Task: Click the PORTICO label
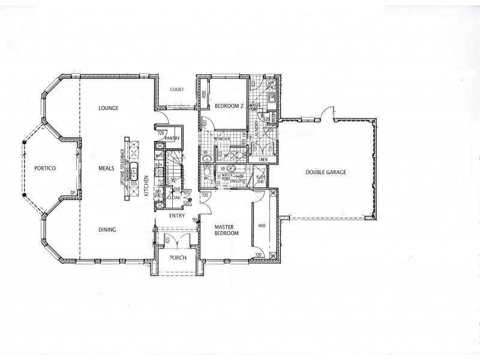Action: (44, 169)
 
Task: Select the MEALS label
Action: (106, 169)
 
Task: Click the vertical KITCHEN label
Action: (146, 185)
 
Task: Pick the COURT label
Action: (176, 90)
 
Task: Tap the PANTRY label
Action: (173, 137)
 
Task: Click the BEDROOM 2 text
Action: (228, 106)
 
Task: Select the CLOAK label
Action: (176, 196)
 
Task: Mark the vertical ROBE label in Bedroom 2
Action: (204, 94)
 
